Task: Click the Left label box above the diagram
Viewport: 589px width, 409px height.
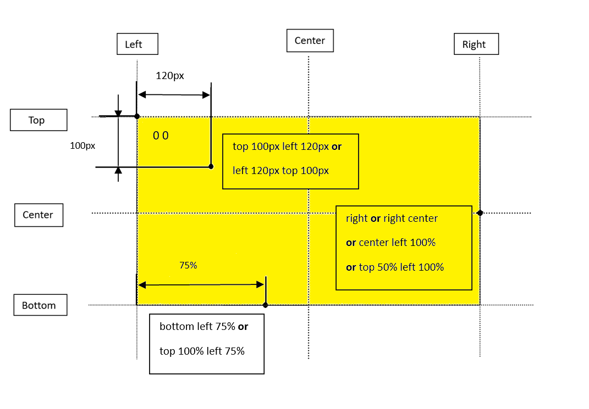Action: tap(137, 44)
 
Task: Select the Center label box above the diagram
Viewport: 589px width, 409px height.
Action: tap(310, 41)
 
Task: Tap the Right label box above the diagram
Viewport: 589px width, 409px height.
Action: tap(476, 44)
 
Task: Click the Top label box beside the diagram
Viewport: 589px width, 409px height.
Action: tap(38, 120)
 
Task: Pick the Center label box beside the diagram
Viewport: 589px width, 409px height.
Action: tap(38, 215)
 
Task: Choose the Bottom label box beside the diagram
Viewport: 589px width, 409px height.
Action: tap(40, 305)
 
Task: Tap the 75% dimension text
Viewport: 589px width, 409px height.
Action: tap(188, 265)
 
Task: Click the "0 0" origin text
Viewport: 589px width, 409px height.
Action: tap(161, 136)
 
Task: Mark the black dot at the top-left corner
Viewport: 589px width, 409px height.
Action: tap(137, 116)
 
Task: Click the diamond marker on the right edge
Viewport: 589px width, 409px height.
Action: tap(480, 212)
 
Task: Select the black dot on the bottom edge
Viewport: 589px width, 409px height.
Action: tap(266, 305)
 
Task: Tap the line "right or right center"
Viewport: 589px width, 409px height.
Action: tap(392, 218)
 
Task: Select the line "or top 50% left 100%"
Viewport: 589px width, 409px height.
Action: tap(394, 267)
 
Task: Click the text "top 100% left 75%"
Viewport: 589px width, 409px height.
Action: tap(202, 351)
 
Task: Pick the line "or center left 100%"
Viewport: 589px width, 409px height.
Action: tap(390, 242)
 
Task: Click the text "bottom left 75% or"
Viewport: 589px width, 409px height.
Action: tap(203, 327)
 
